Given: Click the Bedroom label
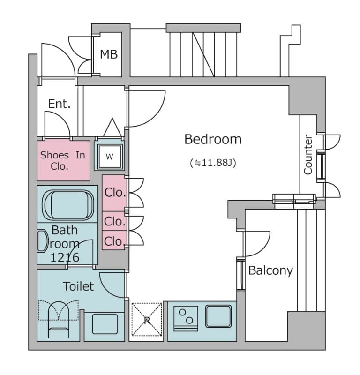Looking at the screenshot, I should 212,139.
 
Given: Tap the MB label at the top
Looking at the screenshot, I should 108,54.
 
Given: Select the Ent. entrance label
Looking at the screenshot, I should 59,104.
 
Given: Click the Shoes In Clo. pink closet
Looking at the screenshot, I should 63,160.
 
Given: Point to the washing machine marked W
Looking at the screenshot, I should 109,157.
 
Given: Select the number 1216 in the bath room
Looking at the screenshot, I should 65,257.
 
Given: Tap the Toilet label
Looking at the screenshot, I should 78,286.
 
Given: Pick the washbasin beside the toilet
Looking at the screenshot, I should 104,324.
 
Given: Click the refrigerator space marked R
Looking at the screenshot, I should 147,320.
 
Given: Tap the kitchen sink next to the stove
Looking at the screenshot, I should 218,316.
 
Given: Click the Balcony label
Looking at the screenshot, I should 270,270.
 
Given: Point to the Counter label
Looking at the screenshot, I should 308,155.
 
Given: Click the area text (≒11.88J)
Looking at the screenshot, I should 212,163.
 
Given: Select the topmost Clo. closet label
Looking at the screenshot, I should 115,192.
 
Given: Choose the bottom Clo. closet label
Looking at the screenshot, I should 114,241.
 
